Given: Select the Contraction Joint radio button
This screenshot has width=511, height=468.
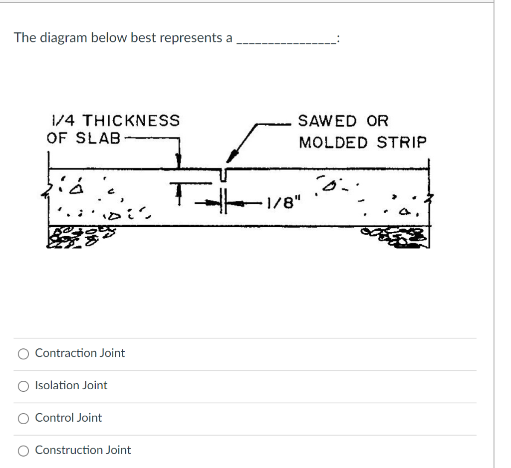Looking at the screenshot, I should pos(23,354).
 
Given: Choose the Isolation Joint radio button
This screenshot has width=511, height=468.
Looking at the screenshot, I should pos(23,386).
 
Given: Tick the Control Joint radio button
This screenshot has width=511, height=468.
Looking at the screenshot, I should pos(23,419).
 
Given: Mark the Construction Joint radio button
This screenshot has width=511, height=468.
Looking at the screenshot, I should pos(23,451).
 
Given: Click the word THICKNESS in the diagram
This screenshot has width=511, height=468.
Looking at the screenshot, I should pos(130,121).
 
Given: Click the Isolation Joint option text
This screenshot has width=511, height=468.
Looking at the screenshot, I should pos(71,385).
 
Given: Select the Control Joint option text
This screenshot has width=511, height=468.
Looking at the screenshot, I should pos(68,418).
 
